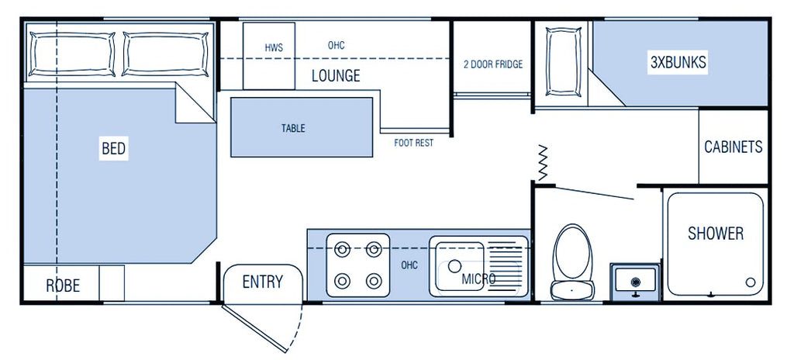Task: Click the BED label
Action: (x=113, y=149)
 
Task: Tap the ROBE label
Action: (x=63, y=286)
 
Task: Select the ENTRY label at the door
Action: (x=262, y=282)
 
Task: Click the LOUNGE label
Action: (x=336, y=76)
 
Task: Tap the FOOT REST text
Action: (x=413, y=143)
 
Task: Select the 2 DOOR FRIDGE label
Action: (x=493, y=64)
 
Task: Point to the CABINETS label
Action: (x=733, y=147)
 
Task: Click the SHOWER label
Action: (x=715, y=234)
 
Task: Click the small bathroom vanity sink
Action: (x=636, y=280)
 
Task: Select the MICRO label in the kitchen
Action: (x=479, y=279)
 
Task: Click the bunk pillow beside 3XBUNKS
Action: (x=564, y=62)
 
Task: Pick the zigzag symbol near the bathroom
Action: (x=543, y=161)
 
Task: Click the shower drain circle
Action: (x=750, y=282)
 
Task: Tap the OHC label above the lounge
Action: (x=336, y=46)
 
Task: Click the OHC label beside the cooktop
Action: (x=409, y=265)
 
